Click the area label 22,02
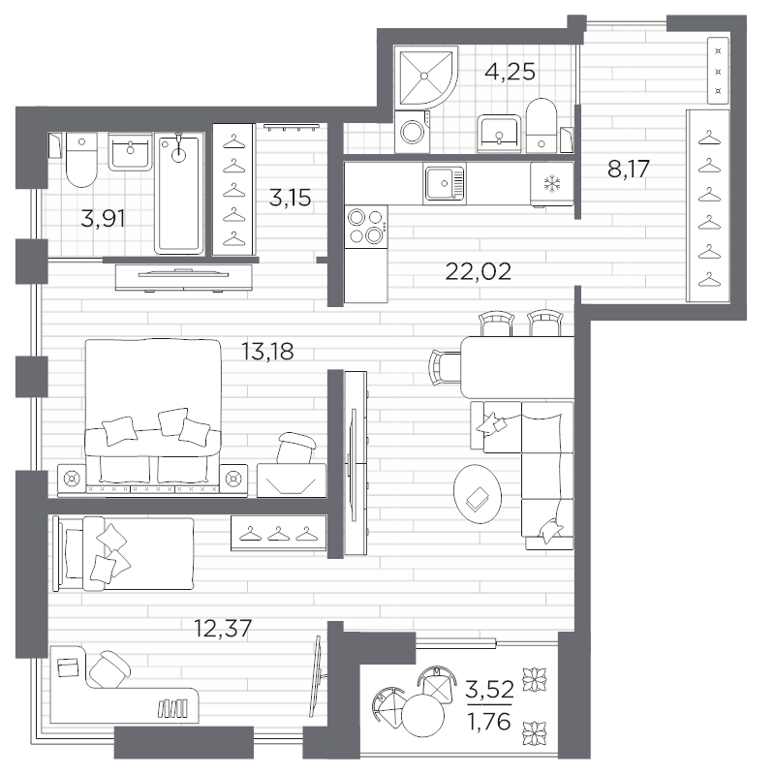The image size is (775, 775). click(x=477, y=270)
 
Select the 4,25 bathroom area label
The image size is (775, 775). click(x=510, y=72)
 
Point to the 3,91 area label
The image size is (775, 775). click(x=102, y=218)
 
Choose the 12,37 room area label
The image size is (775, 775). click(x=225, y=629)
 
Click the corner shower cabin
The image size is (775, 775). click(x=421, y=74)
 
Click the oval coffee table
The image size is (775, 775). click(x=480, y=494)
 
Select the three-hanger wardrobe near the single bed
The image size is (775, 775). click(x=279, y=534)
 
